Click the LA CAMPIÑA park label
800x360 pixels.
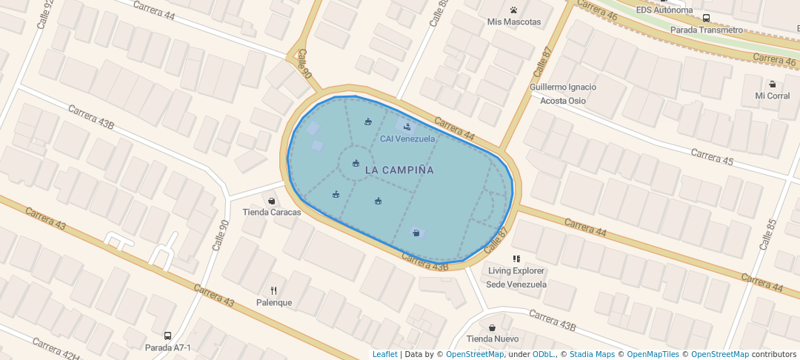tap(399, 170)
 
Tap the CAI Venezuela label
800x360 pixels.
tap(407, 139)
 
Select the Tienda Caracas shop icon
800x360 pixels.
tap(272, 201)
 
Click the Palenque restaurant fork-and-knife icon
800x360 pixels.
tap(273, 290)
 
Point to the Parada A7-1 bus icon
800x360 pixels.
tap(167, 336)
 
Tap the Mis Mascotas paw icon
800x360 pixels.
tap(513, 10)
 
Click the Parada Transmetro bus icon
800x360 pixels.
tap(706, 18)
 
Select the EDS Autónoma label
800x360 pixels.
tap(664, 10)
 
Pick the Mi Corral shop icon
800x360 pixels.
tap(773, 84)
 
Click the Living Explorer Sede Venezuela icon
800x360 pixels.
tap(516, 259)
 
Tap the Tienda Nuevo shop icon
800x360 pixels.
tap(492, 327)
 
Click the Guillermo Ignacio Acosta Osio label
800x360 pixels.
tap(563, 93)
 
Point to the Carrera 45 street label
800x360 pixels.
tap(712, 157)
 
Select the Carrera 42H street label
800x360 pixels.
tap(56, 349)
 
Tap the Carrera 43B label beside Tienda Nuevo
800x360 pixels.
tap(553, 321)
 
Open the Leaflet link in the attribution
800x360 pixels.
tap(384, 354)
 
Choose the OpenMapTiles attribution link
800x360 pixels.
tap(653, 354)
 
